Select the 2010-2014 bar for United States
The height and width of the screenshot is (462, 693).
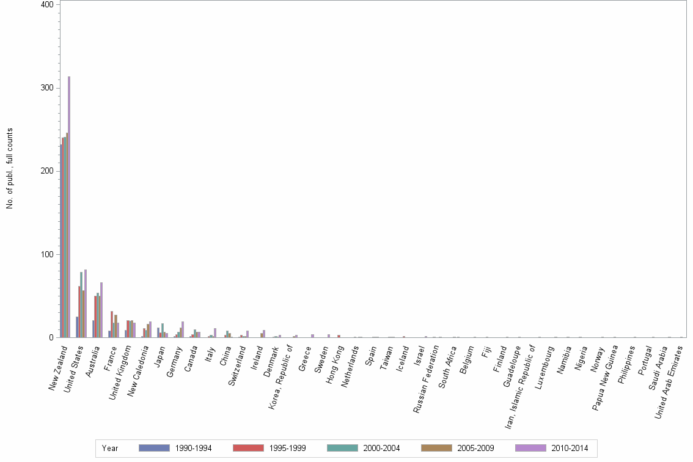pos(86,303)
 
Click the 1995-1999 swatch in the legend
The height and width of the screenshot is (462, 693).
pos(248,448)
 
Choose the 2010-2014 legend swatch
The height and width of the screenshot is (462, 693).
pos(530,448)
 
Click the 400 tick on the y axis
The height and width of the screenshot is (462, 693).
pos(46,5)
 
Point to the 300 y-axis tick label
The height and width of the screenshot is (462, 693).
pos(46,88)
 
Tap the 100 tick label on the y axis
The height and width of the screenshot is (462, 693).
pos(46,254)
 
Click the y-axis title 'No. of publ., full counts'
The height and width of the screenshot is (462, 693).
pos(10,169)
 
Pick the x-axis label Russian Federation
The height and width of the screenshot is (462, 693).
pos(427,379)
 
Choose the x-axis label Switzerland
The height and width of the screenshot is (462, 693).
pos(235,366)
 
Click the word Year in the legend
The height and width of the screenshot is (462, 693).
pos(110,448)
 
